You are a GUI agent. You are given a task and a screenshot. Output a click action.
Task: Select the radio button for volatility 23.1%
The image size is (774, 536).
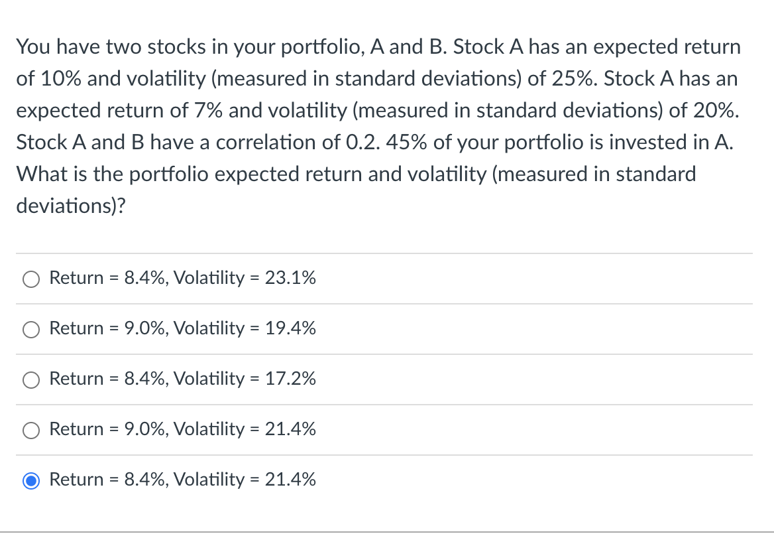pos(31,279)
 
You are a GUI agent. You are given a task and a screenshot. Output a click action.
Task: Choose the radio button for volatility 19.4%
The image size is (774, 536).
pos(31,330)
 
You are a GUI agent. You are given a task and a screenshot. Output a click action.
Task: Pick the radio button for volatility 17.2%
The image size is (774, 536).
pos(31,380)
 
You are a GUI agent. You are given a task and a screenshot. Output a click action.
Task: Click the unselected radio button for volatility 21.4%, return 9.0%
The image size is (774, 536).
pos(31,431)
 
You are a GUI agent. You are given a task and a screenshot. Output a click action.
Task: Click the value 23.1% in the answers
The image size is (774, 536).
pos(290,279)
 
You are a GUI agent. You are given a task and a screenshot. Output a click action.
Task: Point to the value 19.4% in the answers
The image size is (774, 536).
pos(290,329)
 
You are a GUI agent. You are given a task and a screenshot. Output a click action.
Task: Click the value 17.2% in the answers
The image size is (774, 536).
pos(290,379)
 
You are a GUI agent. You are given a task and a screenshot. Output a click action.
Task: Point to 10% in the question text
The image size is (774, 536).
pos(60,80)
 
